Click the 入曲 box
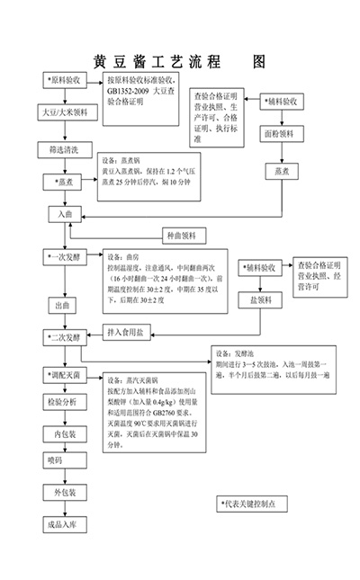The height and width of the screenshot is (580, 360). [65, 214]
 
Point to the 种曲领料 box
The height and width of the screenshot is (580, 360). [184, 236]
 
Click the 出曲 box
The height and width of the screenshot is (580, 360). [64, 306]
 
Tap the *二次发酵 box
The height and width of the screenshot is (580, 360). [66, 338]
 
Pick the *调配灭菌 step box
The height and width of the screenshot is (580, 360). [65, 373]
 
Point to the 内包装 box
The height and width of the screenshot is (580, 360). [65, 433]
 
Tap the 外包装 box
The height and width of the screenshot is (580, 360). [65, 493]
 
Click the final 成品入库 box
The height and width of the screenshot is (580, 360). [65, 524]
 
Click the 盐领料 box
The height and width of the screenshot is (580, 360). [260, 299]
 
